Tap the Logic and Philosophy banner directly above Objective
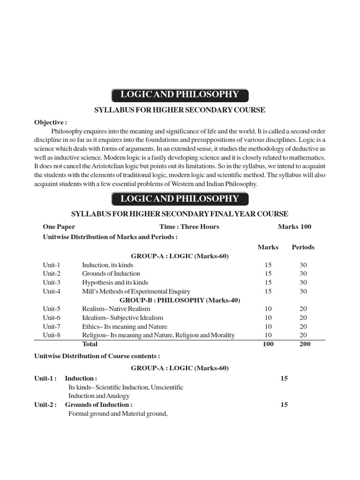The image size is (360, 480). (180, 95)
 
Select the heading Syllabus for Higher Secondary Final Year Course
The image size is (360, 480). (180, 214)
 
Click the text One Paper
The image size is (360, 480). (59, 227)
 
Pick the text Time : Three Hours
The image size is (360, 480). (189, 227)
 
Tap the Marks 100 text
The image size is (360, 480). (294, 227)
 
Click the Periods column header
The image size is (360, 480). (303, 247)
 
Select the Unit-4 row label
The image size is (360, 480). (52, 291)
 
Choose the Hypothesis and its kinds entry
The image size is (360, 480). (115, 282)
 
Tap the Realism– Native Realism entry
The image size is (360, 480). (116, 309)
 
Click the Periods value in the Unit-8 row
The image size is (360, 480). (303, 335)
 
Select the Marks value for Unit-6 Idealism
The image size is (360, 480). (268, 318)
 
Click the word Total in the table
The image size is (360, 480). (90, 344)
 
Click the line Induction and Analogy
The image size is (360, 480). (99, 396)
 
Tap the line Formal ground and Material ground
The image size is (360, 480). (118, 413)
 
